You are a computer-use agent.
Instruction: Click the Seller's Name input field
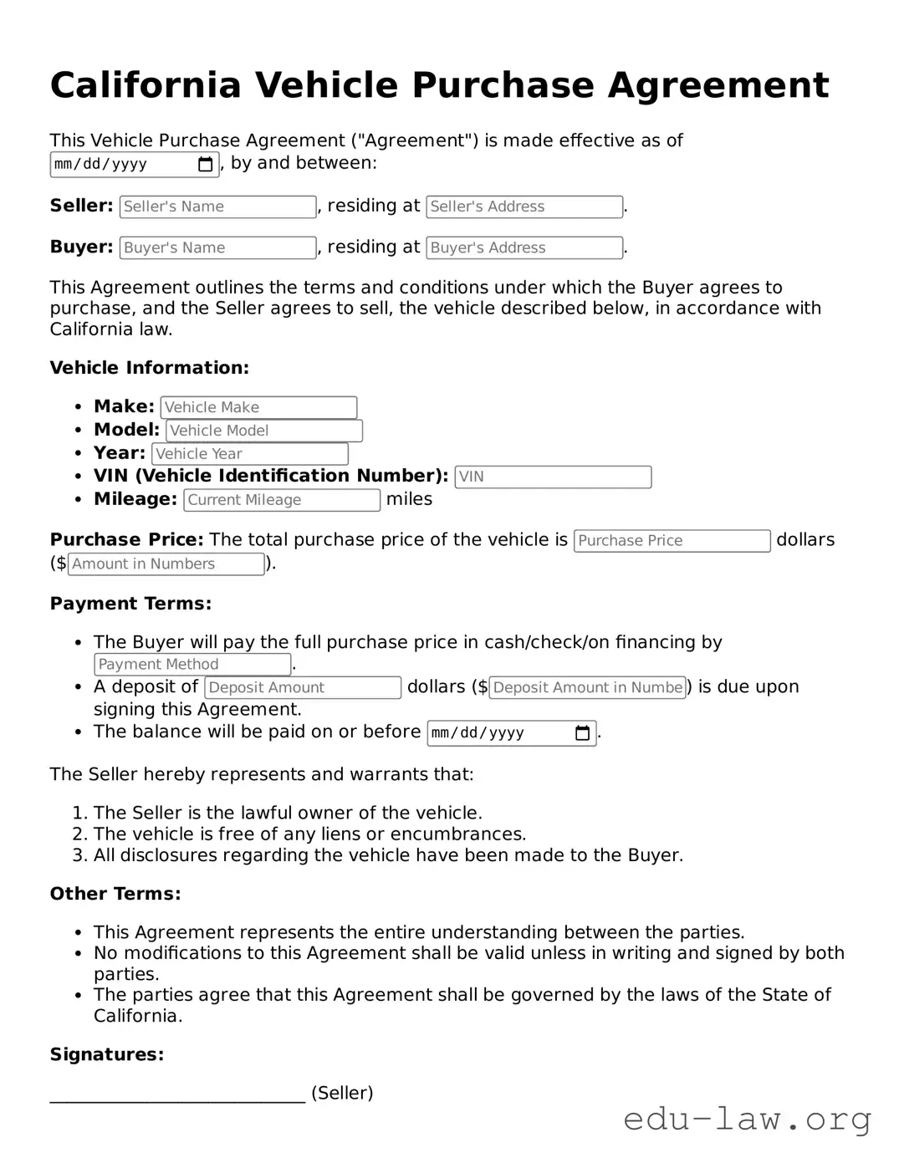coord(217,207)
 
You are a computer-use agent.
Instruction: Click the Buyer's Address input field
coord(524,247)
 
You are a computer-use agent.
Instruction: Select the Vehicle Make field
coord(258,407)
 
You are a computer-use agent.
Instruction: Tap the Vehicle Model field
coord(263,431)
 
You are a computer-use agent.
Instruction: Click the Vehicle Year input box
coord(249,454)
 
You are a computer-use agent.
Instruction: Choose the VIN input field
coord(552,477)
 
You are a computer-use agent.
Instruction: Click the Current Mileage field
coord(281,500)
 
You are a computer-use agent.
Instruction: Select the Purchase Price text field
coord(671,541)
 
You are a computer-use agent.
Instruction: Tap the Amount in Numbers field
coord(166,564)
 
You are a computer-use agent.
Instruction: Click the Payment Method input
coord(192,665)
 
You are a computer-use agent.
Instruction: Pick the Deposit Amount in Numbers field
coord(587,687)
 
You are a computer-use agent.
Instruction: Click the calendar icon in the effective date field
coord(205,165)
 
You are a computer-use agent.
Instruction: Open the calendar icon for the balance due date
coord(582,733)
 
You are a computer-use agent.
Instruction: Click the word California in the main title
coord(146,85)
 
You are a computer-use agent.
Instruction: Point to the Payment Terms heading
coord(130,604)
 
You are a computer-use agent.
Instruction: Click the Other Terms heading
coord(115,894)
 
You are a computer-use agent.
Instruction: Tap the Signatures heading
coord(107,1054)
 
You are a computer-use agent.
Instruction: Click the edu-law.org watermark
coord(747,1118)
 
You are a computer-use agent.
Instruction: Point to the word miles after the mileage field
coord(409,499)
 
